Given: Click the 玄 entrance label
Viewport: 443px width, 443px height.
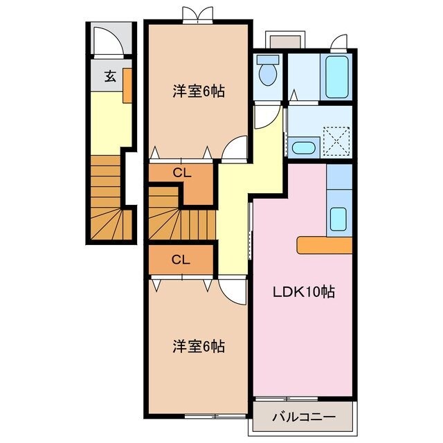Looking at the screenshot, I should coord(110,77).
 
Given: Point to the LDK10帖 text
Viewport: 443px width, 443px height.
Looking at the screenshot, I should coord(304,292).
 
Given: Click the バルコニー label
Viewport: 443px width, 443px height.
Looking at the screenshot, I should coord(303,417).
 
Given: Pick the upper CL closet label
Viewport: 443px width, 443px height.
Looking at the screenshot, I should coord(181,173).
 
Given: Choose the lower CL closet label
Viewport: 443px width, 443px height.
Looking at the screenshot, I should coord(181,260).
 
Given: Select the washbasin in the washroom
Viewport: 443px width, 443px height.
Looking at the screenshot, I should coord(303,147).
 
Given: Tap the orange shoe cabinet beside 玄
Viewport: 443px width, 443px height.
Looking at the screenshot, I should coord(127,85).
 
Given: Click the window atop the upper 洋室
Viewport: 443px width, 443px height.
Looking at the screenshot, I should coord(197,16).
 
